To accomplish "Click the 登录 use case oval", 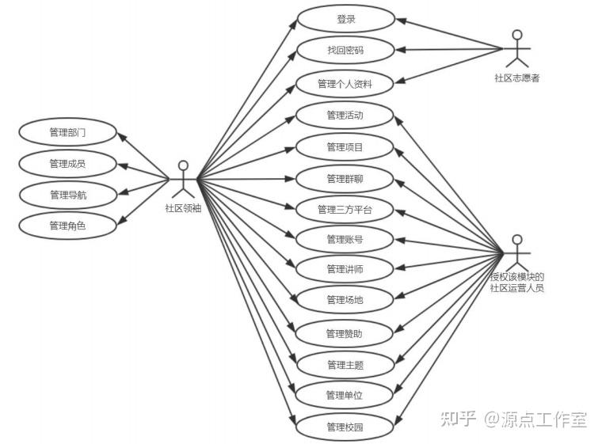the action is [x=345, y=19].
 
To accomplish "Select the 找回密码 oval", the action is [x=345, y=50].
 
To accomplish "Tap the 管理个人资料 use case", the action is [x=345, y=83].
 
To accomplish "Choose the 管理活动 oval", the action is [x=345, y=116].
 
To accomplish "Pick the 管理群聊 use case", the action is [x=345, y=178].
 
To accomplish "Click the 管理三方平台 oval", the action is [x=345, y=210].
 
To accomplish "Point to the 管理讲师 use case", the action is [x=345, y=270].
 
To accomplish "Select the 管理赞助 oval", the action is [x=345, y=333].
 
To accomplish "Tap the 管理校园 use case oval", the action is [x=345, y=427].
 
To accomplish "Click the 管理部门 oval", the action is [x=67, y=132].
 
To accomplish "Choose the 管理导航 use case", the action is [x=67, y=195].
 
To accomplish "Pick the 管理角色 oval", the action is [x=67, y=226].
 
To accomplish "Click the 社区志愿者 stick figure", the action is [x=517, y=49].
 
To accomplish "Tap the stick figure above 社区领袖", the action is [x=183, y=179].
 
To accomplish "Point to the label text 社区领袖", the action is [x=183, y=208].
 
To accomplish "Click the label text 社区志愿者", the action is [x=517, y=78].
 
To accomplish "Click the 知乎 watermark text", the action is [x=457, y=419].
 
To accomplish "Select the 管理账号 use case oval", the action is [x=345, y=239].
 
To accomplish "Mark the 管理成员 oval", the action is [x=67, y=164].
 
